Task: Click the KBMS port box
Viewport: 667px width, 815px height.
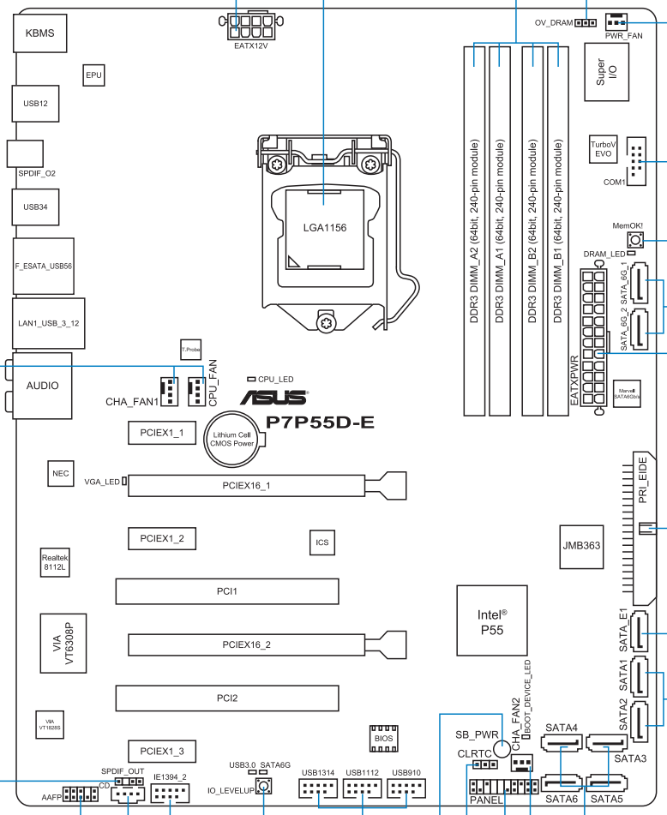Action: pyautogui.click(x=40, y=33)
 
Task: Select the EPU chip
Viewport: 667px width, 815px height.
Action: pyautogui.click(x=93, y=75)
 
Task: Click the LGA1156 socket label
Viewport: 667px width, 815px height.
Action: pyautogui.click(x=325, y=228)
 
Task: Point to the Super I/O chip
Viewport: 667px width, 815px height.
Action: pyautogui.click(x=607, y=72)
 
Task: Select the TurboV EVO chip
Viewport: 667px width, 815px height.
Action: pyautogui.click(x=603, y=149)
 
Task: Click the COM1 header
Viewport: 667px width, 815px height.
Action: pyautogui.click(x=636, y=162)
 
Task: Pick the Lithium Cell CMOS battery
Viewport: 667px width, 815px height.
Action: pyautogui.click(x=231, y=439)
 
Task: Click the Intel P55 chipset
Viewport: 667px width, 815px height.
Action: pyautogui.click(x=492, y=620)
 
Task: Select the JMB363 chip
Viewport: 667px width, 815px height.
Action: pyautogui.click(x=582, y=547)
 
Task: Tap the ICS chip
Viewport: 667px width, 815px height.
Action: pyautogui.click(x=322, y=542)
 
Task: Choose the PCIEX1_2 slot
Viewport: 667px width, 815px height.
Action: pyautogui.click(x=162, y=538)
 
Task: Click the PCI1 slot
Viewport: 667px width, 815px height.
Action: pyautogui.click(x=227, y=591)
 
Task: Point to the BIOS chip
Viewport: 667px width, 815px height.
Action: pyautogui.click(x=384, y=739)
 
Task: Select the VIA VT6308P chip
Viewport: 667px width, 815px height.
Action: pyautogui.click(x=63, y=644)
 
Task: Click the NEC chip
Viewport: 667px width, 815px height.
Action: pyautogui.click(x=60, y=474)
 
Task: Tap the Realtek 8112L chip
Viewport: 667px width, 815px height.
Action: pyautogui.click(x=55, y=562)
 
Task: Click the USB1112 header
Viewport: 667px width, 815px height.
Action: pyautogui.click(x=363, y=788)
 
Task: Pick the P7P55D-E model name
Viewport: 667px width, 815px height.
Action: pyautogui.click(x=321, y=422)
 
